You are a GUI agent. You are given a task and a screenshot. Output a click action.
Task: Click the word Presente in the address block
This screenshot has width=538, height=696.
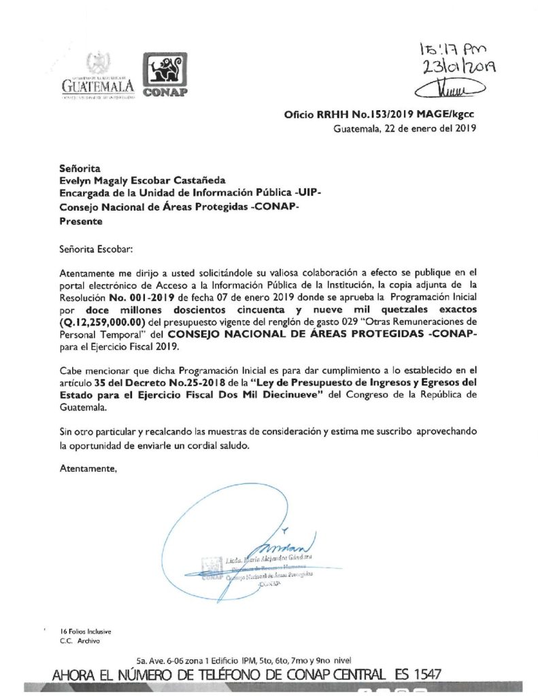[x=81, y=221]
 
